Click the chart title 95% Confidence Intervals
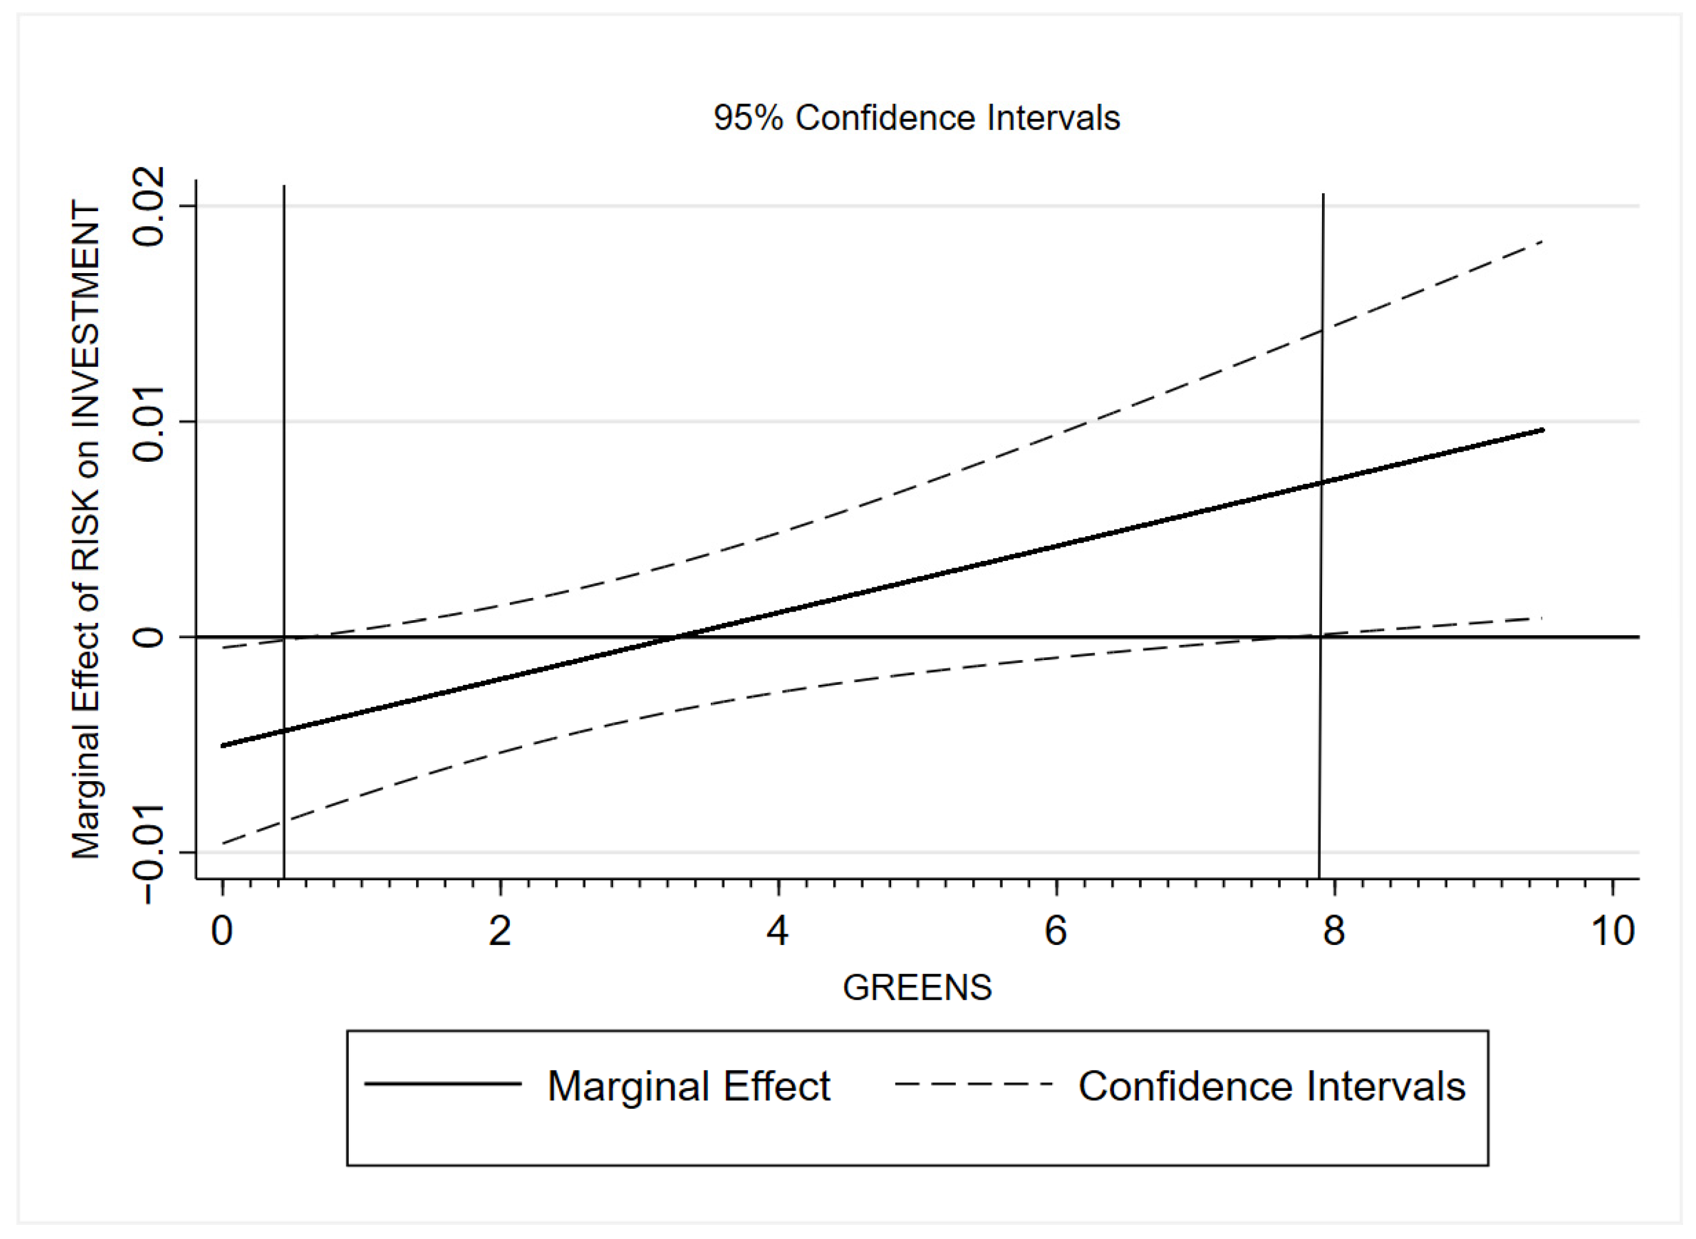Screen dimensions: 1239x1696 pos(916,118)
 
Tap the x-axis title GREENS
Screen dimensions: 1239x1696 pos(916,988)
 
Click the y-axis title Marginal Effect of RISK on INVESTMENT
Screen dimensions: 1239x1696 pos(86,529)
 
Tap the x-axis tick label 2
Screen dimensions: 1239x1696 pos(500,931)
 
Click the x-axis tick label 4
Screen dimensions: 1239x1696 pos(778,931)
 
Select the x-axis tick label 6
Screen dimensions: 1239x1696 pos(1056,931)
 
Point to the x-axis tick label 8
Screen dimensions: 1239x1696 pos(1334,931)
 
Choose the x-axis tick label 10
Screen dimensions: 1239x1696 pos(1612,931)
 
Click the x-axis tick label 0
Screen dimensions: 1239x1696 pos(222,931)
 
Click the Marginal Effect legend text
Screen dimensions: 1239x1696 pos(689,1086)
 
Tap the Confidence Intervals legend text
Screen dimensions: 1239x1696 pos(1271,1086)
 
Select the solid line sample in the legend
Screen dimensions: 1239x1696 pos(443,1084)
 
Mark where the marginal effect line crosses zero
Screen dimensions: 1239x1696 pos(678,637)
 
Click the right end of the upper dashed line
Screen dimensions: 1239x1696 pos(1542,242)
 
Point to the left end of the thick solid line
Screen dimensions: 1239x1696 pos(224,746)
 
